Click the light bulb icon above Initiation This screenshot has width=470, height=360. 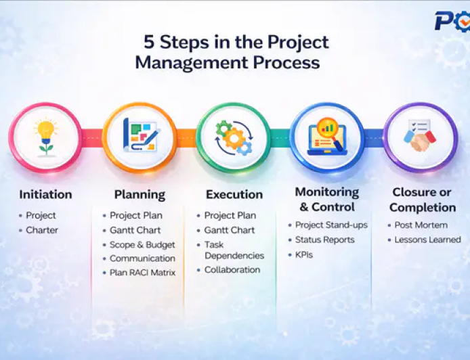tap(45, 137)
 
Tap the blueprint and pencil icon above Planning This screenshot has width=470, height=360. tap(140, 137)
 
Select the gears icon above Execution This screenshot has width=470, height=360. tap(234, 137)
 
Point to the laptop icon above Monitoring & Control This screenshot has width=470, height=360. tap(327, 137)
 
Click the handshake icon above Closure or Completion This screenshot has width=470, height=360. tap(421, 137)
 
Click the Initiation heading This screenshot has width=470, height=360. tap(45, 194)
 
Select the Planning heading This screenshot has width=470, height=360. tap(140, 194)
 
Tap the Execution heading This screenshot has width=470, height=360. tap(234, 194)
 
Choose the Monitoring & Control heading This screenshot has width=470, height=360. tap(327, 200)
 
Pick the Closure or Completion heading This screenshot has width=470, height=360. tap(423, 200)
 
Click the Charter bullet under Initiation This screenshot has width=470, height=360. tap(42, 230)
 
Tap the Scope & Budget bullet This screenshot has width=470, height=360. tap(142, 244)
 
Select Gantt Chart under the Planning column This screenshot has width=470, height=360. tap(135, 230)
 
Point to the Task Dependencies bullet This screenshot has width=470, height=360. tap(234, 249)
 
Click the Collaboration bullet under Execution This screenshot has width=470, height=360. tap(232, 269)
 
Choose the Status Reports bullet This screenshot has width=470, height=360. tap(324, 240)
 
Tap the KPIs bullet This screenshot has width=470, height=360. tap(305, 254)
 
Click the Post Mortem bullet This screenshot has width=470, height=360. tap(421, 225)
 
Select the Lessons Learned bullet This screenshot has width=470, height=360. tap(427, 240)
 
